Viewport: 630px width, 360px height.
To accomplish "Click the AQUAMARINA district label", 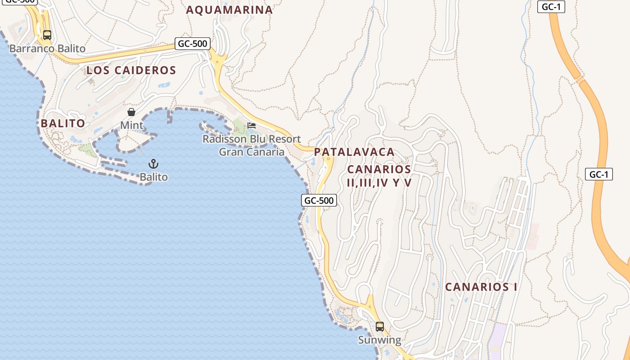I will (x=229, y=10).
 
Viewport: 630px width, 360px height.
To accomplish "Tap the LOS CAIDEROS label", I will (x=131, y=70).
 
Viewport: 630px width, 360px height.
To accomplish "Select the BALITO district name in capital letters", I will (x=63, y=123).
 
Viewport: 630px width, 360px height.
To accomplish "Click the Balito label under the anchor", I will (x=153, y=177).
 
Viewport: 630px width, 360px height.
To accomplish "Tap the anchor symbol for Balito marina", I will (x=153, y=164).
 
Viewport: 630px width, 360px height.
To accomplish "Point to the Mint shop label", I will (x=131, y=125).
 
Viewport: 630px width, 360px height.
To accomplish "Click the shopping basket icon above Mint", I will (x=131, y=112).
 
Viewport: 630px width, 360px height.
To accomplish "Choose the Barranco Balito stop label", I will (x=47, y=48).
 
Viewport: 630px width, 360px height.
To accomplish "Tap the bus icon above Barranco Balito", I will (x=47, y=35).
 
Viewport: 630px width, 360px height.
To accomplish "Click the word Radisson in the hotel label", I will (x=225, y=139).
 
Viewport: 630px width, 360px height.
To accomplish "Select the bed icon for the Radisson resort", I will (x=252, y=125).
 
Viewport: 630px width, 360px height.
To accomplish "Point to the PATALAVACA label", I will (x=354, y=152).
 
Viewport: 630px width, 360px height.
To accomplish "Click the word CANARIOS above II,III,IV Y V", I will (x=379, y=169).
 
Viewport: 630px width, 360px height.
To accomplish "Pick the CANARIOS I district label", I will (x=481, y=287).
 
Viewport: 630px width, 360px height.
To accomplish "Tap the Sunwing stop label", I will (x=379, y=340).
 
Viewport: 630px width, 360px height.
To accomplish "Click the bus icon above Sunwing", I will (x=380, y=326).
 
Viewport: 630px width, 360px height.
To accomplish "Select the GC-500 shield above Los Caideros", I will (x=193, y=44).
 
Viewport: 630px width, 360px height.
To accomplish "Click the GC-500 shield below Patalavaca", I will (x=319, y=201).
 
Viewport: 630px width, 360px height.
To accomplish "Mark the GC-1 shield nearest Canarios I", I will (x=599, y=175).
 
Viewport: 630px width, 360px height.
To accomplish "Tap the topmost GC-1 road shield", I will (x=551, y=7).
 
